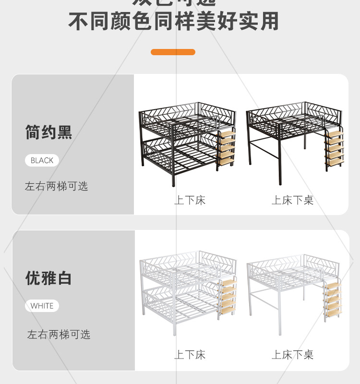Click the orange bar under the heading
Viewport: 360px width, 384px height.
click(x=173, y=52)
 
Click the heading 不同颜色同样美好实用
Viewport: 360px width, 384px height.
click(x=173, y=22)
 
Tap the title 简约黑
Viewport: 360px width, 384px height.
click(x=48, y=132)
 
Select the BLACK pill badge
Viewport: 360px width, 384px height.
click(x=42, y=160)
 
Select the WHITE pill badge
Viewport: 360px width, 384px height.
click(x=42, y=306)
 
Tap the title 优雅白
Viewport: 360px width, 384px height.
click(x=48, y=278)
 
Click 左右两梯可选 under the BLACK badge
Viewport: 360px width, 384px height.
click(x=57, y=186)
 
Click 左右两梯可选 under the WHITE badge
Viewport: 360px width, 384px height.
click(x=59, y=335)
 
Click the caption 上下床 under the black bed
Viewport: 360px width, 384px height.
click(x=190, y=200)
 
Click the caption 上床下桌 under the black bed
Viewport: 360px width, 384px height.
click(x=293, y=200)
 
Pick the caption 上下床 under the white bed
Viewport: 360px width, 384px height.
click(x=190, y=355)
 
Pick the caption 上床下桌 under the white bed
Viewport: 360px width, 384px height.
click(x=293, y=355)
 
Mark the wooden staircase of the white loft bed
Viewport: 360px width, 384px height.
click(x=333, y=300)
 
